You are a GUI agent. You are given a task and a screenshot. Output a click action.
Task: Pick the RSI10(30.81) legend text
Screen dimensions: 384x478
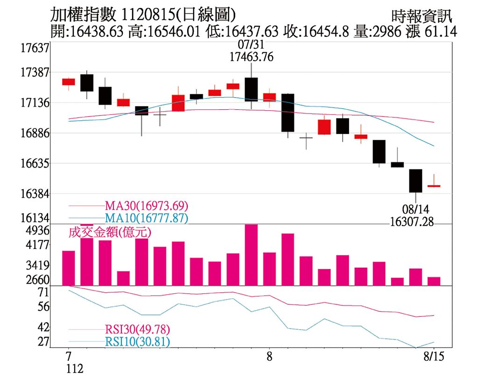[x=137, y=342]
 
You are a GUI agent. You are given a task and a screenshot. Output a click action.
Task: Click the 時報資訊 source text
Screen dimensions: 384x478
[x=422, y=17]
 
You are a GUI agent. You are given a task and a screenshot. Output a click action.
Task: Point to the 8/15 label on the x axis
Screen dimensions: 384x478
[x=434, y=357]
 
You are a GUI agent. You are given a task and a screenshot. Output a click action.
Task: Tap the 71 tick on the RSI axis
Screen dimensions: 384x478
[x=43, y=293]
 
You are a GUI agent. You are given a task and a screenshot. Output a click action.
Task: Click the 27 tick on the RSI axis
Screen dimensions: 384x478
[x=43, y=341]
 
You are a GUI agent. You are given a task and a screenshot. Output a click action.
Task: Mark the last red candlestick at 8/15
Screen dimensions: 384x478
[x=434, y=186]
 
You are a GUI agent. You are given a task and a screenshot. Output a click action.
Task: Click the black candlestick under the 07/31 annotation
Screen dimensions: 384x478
[x=251, y=89]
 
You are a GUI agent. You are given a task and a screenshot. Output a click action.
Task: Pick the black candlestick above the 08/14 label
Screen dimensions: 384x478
[x=415, y=181]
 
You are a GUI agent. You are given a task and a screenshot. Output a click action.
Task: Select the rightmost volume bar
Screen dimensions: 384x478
[x=434, y=281]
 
